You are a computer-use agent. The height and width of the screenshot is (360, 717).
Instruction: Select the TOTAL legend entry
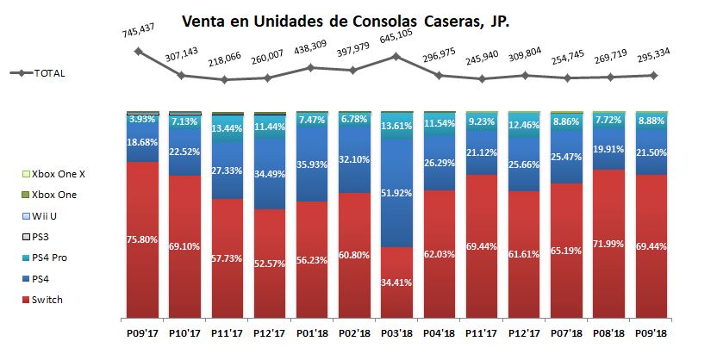(47, 73)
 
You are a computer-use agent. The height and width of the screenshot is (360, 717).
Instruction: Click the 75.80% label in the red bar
(142, 240)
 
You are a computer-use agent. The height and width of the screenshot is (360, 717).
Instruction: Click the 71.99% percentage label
(609, 246)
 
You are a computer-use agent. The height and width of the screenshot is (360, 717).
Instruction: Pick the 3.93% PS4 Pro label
(142, 120)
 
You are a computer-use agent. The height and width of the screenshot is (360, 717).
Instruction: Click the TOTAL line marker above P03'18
(396, 57)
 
